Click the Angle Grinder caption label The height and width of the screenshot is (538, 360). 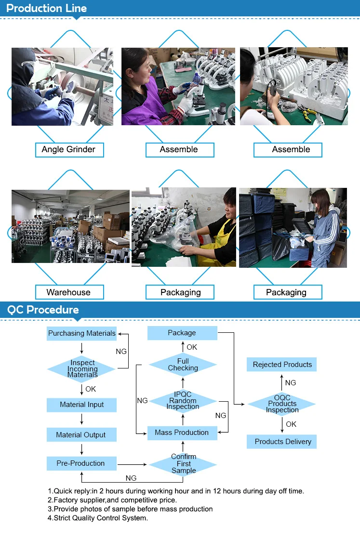click(x=69, y=149)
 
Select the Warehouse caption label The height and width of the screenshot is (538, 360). click(x=68, y=292)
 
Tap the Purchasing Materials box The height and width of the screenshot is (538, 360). click(x=82, y=333)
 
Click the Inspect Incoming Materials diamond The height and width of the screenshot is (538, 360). click(x=82, y=369)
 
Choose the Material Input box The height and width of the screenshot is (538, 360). click(x=82, y=405)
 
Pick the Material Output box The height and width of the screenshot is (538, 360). click(x=81, y=435)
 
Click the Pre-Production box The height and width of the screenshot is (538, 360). click(x=81, y=463)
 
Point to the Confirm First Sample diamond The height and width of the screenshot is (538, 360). click(x=184, y=464)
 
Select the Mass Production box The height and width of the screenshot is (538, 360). click(x=182, y=433)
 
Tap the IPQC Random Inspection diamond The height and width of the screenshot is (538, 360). click(x=183, y=401)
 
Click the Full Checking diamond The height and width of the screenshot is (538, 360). click(x=183, y=365)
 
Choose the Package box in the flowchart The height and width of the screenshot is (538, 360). click(x=182, y=333)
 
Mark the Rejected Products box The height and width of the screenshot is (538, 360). click(x=282, y=365)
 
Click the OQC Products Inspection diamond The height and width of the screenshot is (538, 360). click(x=282, y=404)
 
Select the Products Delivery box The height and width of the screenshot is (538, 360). click(x=283, y=442)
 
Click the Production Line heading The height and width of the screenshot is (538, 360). click(x=47, y=8)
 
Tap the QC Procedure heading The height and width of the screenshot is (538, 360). click(x=43, y=310)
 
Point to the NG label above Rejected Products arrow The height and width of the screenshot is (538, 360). click(x=291, y=383)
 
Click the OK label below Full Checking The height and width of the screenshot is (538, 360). click(x=192, y=347)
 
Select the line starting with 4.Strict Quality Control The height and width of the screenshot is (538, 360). click(x=98, y=518)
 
